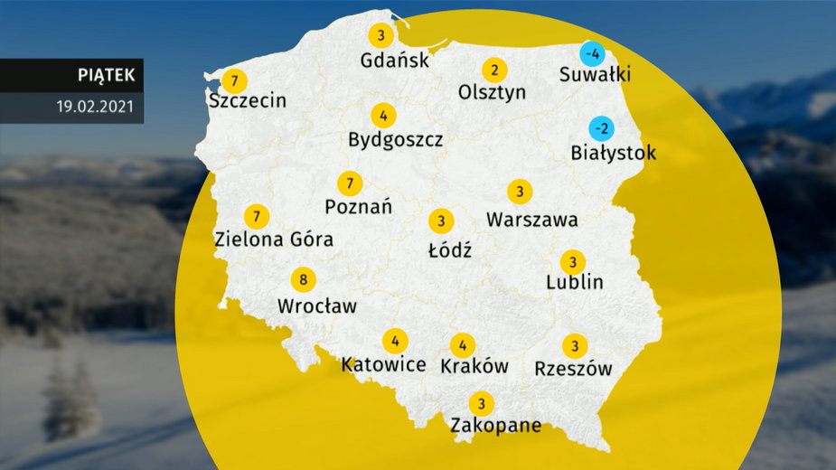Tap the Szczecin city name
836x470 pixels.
pyautogui.click(x=247, y=100)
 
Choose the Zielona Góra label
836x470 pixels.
pyautogui.click(x=274, y=240)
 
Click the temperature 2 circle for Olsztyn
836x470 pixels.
pyautogui.click(x=493, y=70)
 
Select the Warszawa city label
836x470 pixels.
pyautogui.click(x=532, y=220)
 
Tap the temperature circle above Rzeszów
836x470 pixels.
pyautogui.click(x=574, y=346)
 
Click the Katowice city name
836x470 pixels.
pyautogui.click(x=383, y=365)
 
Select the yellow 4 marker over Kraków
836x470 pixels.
pyautogui.click(x=463, y=344)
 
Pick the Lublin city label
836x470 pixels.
pyautogui.click(x=575, y=283)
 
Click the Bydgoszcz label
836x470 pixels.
pyautogui.click(x=396, y=140)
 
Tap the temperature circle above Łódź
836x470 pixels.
pyautogui.click(x=441, y=221)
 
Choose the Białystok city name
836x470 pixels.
pyautogui.click(x=614, y=153)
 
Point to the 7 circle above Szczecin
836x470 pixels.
pyautogui.click(x=234, y=80)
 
